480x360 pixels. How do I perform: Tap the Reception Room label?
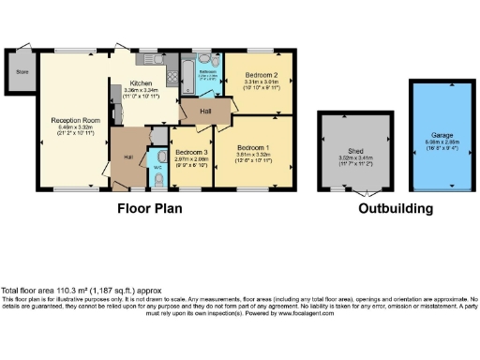point(76,120)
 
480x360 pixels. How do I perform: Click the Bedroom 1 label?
point(253,148)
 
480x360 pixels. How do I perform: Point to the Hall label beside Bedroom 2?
point(205,111)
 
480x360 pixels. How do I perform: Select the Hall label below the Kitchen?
point(127,156)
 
